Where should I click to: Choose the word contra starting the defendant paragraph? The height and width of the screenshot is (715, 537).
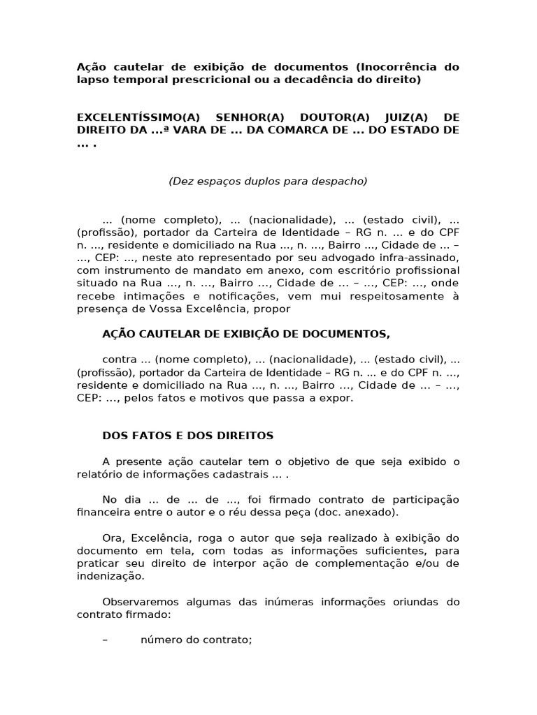[x=119, y=360]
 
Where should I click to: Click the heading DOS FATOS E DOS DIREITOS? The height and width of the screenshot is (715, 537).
[x=188, y=436]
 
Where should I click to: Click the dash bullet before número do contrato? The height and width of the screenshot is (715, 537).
[x=105, y=640]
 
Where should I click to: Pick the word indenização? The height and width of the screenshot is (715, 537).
[x=110, y=577]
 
